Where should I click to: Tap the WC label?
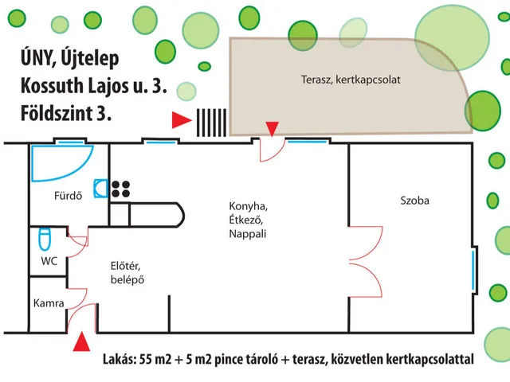coord(49,260)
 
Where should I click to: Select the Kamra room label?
coord(49,303)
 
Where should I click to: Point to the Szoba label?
coord(414,201)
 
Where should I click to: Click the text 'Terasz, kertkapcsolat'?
coord(351,80)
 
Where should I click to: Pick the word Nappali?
coord(247,234)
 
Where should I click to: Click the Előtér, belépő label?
coord(126,272)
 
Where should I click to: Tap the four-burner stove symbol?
coord(121,189)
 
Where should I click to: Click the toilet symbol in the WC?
coord(45,239)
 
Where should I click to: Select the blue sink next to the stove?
coord(100,189)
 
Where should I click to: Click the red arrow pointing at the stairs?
coord(181,121)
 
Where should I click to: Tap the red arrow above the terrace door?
coord(273,128)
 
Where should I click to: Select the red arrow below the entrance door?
coord(80,343)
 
